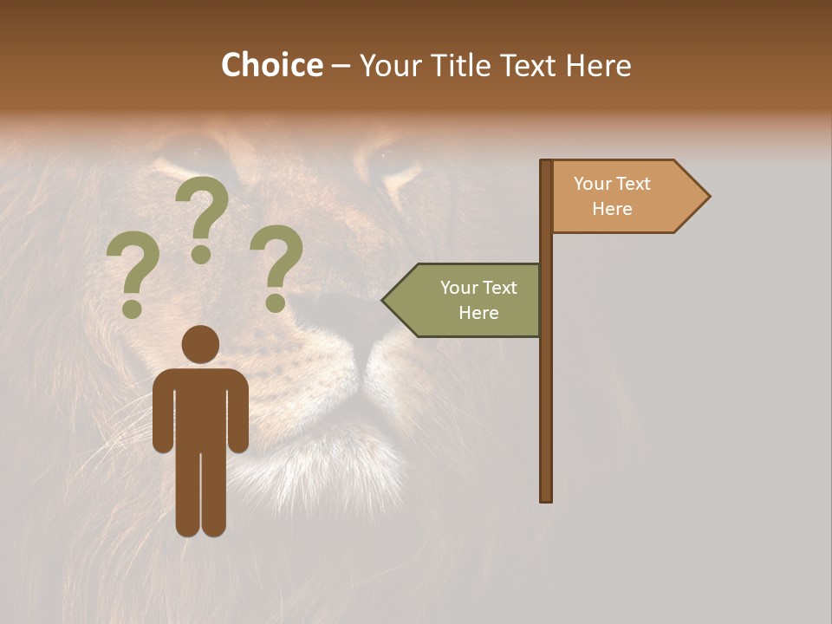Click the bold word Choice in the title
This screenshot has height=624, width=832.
point(271,65)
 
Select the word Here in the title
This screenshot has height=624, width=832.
point(598,66)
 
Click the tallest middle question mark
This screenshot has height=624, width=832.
point(202,217)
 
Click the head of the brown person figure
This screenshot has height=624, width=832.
point(200,344)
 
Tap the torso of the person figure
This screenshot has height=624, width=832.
point(200,407)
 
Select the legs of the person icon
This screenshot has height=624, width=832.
point(200,494)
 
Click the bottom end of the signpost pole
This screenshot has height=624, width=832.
point(546,497)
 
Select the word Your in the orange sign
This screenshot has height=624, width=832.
point(593,184)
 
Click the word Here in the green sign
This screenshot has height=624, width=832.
point(478,313)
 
